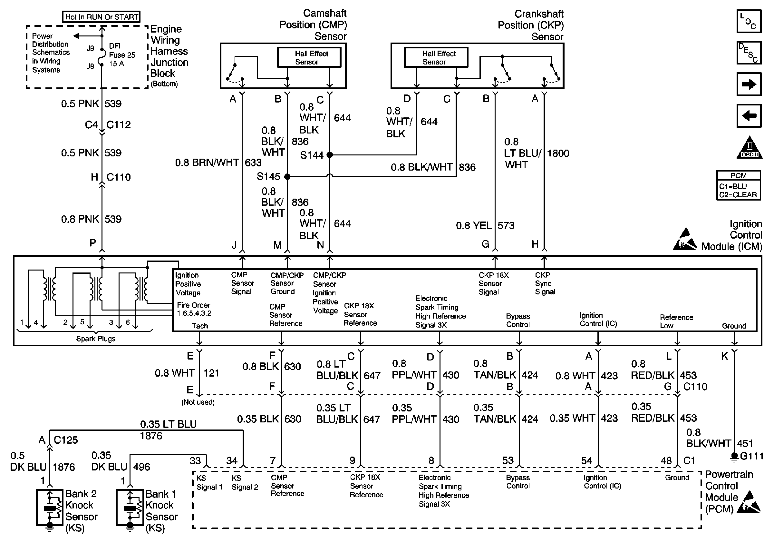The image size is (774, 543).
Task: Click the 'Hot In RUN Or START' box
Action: pos(101,17)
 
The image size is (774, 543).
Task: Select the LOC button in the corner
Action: pos(749,21)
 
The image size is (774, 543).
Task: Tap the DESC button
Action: pos(749,53)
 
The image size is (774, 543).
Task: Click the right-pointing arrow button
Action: pos(749,84)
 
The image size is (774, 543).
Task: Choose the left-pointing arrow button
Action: pos(749,116)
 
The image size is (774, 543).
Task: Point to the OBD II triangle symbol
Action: pos(750,148)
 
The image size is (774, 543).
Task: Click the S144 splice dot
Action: pos(330,155)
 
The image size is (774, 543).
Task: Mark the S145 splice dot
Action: pos(287,176)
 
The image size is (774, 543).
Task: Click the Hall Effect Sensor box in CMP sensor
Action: pos(309,57)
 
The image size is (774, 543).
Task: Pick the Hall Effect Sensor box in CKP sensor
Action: pos(436,57)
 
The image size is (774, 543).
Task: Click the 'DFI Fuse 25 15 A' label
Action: pos(121,54)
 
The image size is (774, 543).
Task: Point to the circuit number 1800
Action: pos(558,153)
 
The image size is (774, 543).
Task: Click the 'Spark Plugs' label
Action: pos(96,339)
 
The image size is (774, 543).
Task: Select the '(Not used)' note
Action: pos(198,402)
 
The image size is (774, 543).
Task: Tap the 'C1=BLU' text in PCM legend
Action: pos(733,186)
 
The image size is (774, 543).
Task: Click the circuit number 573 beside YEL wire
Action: pos(506,225)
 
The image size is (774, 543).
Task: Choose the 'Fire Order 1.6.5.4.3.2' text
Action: pos(194,309)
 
